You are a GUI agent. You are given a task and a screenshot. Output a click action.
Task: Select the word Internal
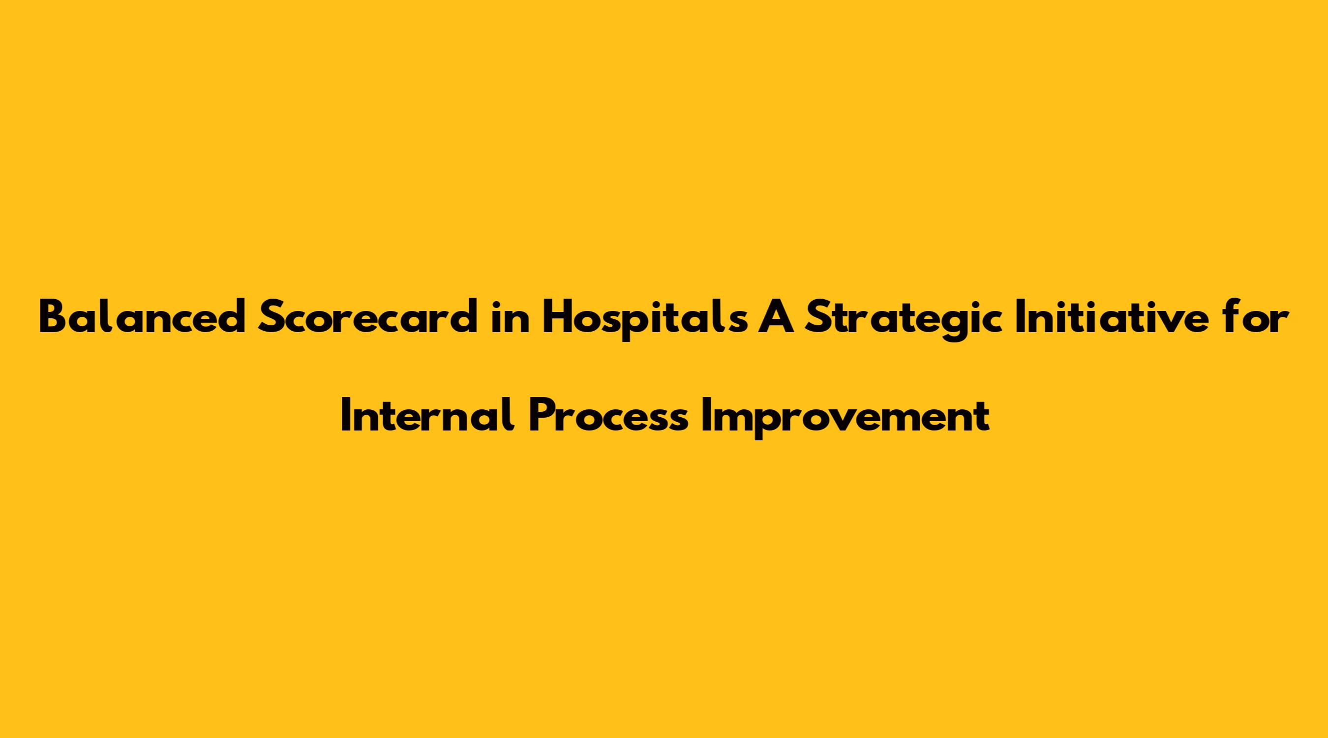click(427, 416)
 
